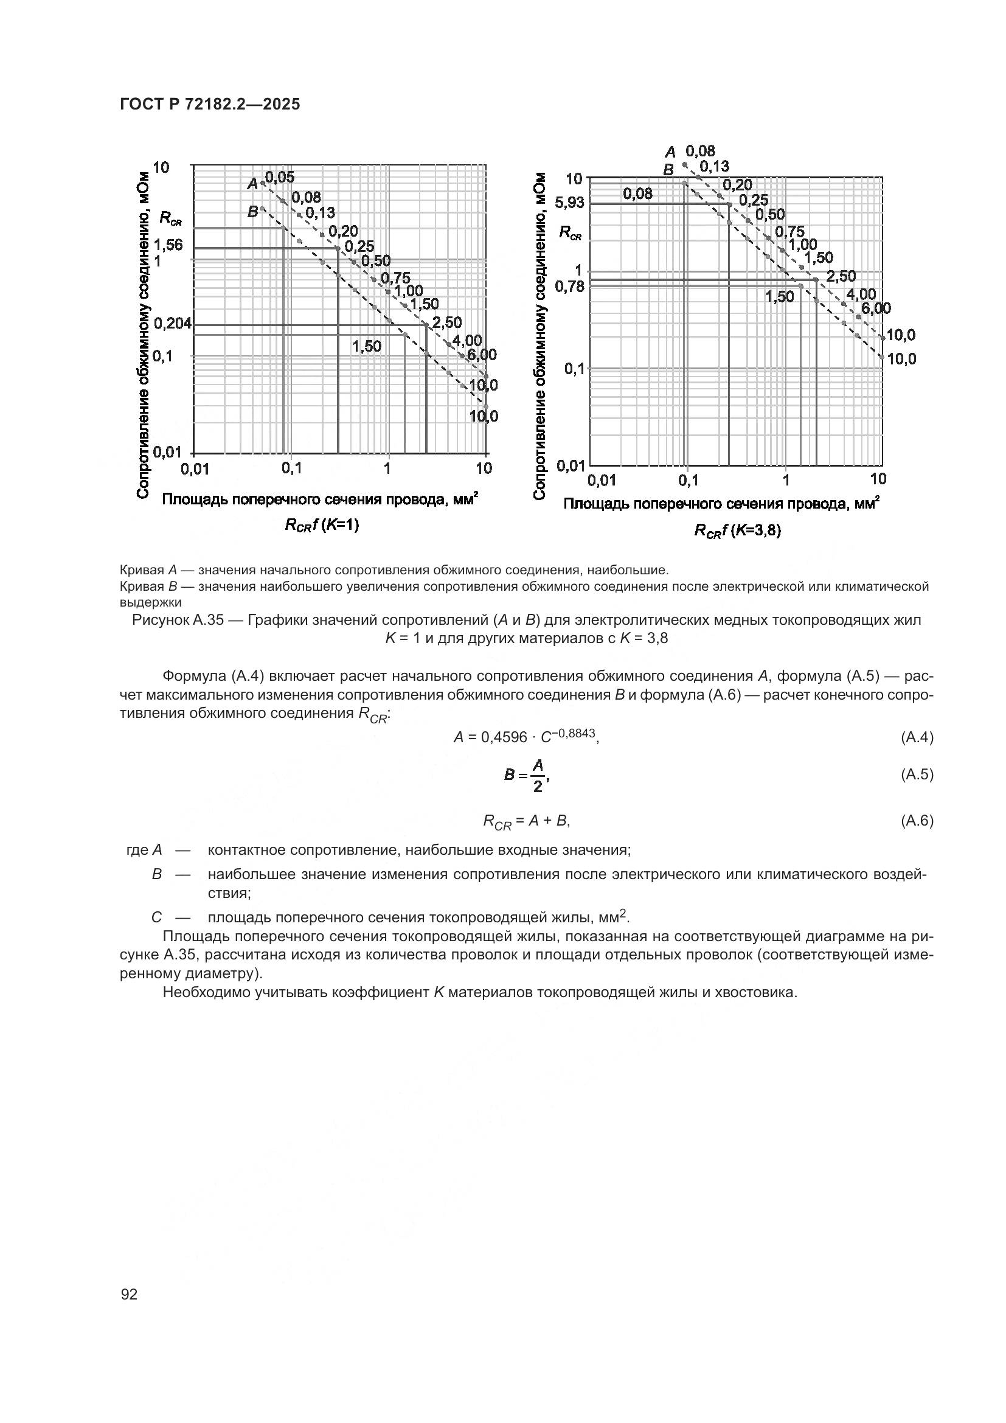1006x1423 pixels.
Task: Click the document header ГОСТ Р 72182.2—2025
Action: (x=210, y=104)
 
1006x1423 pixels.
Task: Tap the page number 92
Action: (x=130, y=1294)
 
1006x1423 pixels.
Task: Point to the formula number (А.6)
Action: (x=916, y=821)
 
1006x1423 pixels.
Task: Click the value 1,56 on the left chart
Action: (x=168, y=245)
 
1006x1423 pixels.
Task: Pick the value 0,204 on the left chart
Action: (x=173, y=324)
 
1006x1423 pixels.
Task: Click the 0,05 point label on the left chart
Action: (x=279, y=178)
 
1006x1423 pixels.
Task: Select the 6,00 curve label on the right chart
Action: (x=876, y=308)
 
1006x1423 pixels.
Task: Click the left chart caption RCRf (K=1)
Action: (x=322, y=525)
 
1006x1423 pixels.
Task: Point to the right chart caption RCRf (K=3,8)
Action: (x=737, y=531)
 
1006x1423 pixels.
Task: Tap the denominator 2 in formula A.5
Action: (x=538, y=787)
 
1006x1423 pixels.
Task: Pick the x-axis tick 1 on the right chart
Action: (x=785, y=479)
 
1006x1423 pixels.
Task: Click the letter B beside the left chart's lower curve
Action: (x=253, y=212)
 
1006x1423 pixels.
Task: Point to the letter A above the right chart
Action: (x=670, y=152)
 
